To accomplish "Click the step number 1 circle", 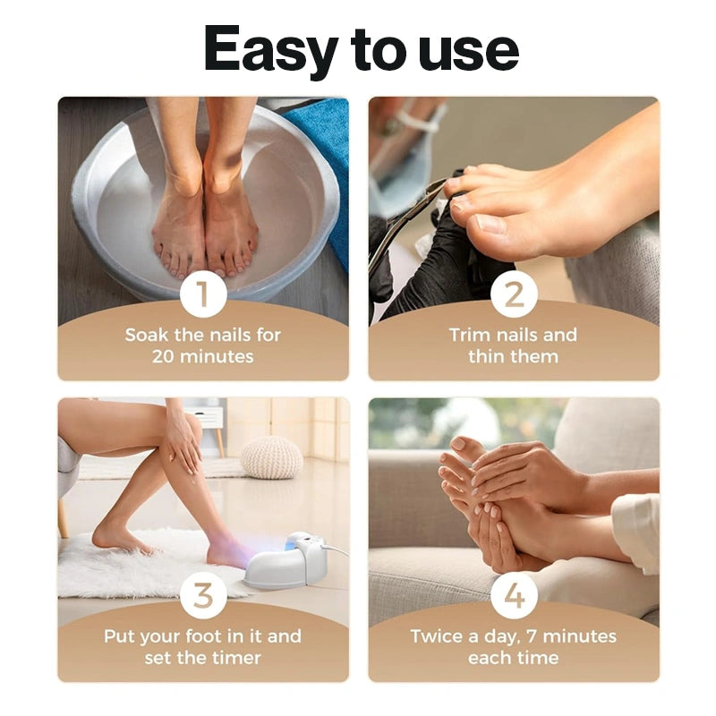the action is (x=203, y=294).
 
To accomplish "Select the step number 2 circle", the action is (x=514, y=294).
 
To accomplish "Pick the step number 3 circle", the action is (x=203, y=595).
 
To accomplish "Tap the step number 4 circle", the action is (x=514, y=595).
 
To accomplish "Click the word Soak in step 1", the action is (x=147, y=335).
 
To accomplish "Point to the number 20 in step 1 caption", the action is (x=163, y=356).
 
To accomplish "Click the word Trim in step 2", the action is (x=471, y=335).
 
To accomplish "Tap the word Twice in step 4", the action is (x=438, y=636).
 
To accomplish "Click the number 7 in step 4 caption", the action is (x=532, y=636).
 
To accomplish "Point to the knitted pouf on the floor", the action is (x=272, y=457).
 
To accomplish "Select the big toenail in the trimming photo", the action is (x=490, y=224).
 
